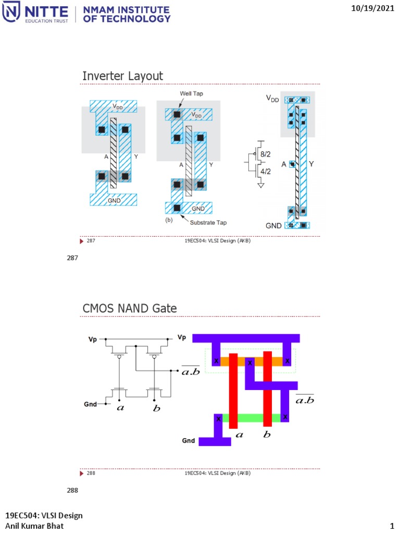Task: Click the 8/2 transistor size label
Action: pos(266,154)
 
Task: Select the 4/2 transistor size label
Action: pos(266,171)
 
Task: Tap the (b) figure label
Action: pos(168,221)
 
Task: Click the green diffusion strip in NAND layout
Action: pos(251,418)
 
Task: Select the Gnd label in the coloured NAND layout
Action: pos(189,441)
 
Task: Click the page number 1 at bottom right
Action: pos(391,525)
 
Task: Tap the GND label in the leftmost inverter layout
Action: pos(114,199)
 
